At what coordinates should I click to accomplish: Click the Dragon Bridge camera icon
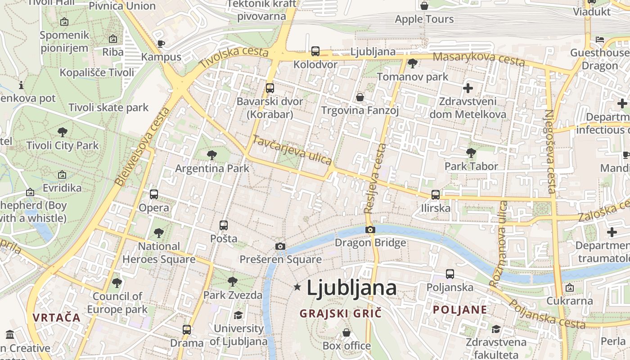(x=370, y=230)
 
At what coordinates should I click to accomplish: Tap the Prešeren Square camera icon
(x=280, y=246)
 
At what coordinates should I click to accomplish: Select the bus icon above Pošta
(x=223, y=225)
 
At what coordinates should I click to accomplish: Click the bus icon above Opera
(x=154, y=194)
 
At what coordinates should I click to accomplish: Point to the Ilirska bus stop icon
(x=435, y=195)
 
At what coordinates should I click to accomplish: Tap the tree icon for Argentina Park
(x=211, y=155)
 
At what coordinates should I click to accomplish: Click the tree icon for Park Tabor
(x=471, y=153)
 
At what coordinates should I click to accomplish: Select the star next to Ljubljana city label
(x=297, y=287)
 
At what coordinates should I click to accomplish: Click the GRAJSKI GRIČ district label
(x=340, y=313)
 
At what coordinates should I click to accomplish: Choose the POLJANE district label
(x=460, y=310)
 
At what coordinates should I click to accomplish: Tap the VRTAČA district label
(x=56, y=317)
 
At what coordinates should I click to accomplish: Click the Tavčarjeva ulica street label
(x=292, y=150)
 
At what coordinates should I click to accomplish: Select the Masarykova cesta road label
(x=479, y=58)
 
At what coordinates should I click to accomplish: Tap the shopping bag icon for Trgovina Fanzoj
(x=360, y=97)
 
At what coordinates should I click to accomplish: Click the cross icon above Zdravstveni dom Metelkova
(x=468, y=88)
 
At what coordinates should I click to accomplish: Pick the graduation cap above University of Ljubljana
(x=238, y=315)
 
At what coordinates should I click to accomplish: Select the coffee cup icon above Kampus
(x=161, y=44)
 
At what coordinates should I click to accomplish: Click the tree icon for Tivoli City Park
(x=63, y=132)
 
